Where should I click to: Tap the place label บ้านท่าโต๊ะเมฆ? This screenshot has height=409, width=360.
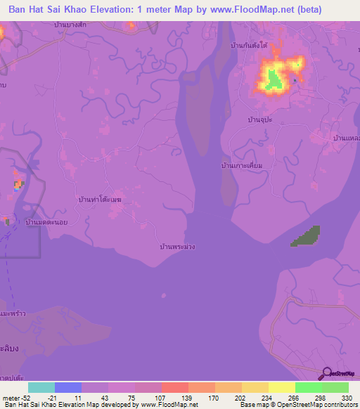[101, 200]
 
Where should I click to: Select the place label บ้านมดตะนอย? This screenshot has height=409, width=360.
[46, 221]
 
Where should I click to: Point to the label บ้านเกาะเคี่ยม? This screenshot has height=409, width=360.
[242, 165]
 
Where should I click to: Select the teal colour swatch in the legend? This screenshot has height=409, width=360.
[41, 387]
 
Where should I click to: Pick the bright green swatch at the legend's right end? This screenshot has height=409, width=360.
[335, 387]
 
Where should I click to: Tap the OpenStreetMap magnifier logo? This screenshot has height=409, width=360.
[328, 373]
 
